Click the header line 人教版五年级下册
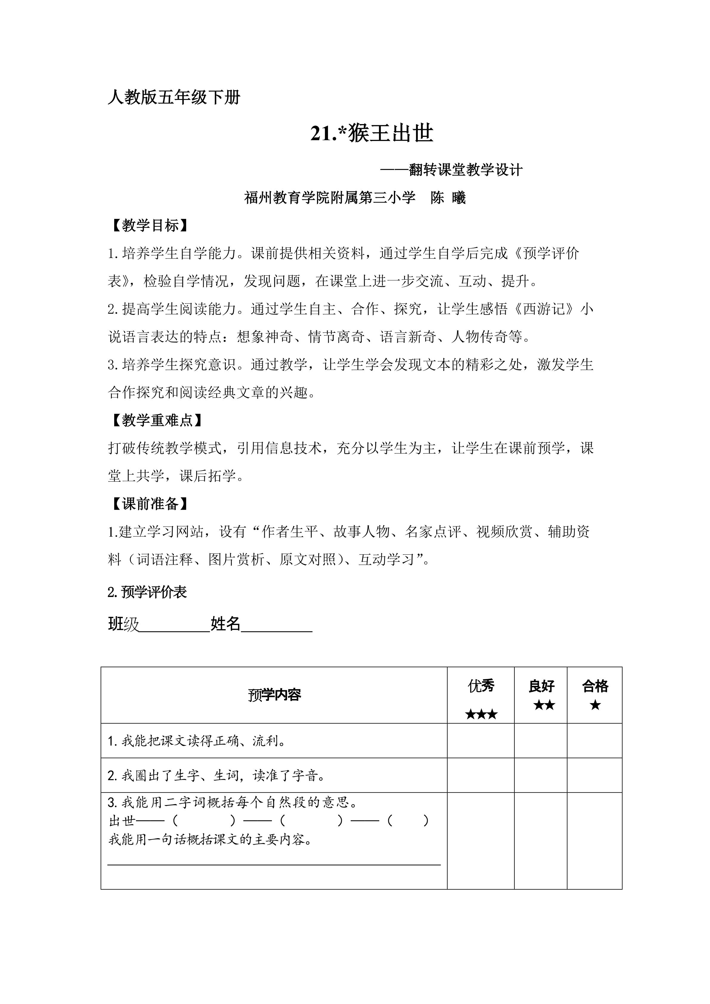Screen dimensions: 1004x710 [174, 97]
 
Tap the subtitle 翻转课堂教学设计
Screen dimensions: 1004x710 [465, 170]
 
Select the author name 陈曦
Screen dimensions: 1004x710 [448, 198]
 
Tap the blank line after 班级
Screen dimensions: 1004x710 [174, 624]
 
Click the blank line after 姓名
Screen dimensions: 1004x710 [276, 624]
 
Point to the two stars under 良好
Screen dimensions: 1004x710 [544, 705]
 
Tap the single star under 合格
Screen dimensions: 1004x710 [595, 705]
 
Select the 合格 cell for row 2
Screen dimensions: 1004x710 [595, 775]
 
